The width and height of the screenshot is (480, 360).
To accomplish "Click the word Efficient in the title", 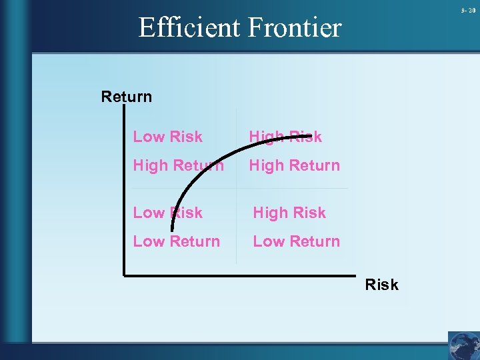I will (x=189, y=28).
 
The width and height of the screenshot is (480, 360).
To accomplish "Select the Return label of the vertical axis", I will (x=127, y=97).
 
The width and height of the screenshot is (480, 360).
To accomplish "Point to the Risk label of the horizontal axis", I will (x=381, y=285).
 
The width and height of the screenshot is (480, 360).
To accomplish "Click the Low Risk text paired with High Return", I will (x=168, y=137).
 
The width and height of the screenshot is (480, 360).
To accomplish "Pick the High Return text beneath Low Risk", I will (x=179, y=165).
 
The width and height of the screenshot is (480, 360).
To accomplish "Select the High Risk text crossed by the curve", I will (x=285, y=137).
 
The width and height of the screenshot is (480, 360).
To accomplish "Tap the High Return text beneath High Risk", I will (x=295, y=165).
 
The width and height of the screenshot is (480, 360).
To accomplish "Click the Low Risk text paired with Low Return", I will (x=168, y=213).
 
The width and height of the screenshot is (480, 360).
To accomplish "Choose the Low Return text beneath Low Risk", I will (x=177, y=241).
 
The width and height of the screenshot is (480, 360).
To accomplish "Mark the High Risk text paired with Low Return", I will (x=289, y=213).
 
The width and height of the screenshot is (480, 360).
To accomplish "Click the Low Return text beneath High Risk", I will (x=297, y=241).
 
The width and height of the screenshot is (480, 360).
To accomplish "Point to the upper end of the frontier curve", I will (x=311, y=137).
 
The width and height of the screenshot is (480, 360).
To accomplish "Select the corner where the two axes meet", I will (x=125, y=273).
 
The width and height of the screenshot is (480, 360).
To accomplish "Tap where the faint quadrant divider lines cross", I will (x=236, y=188).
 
